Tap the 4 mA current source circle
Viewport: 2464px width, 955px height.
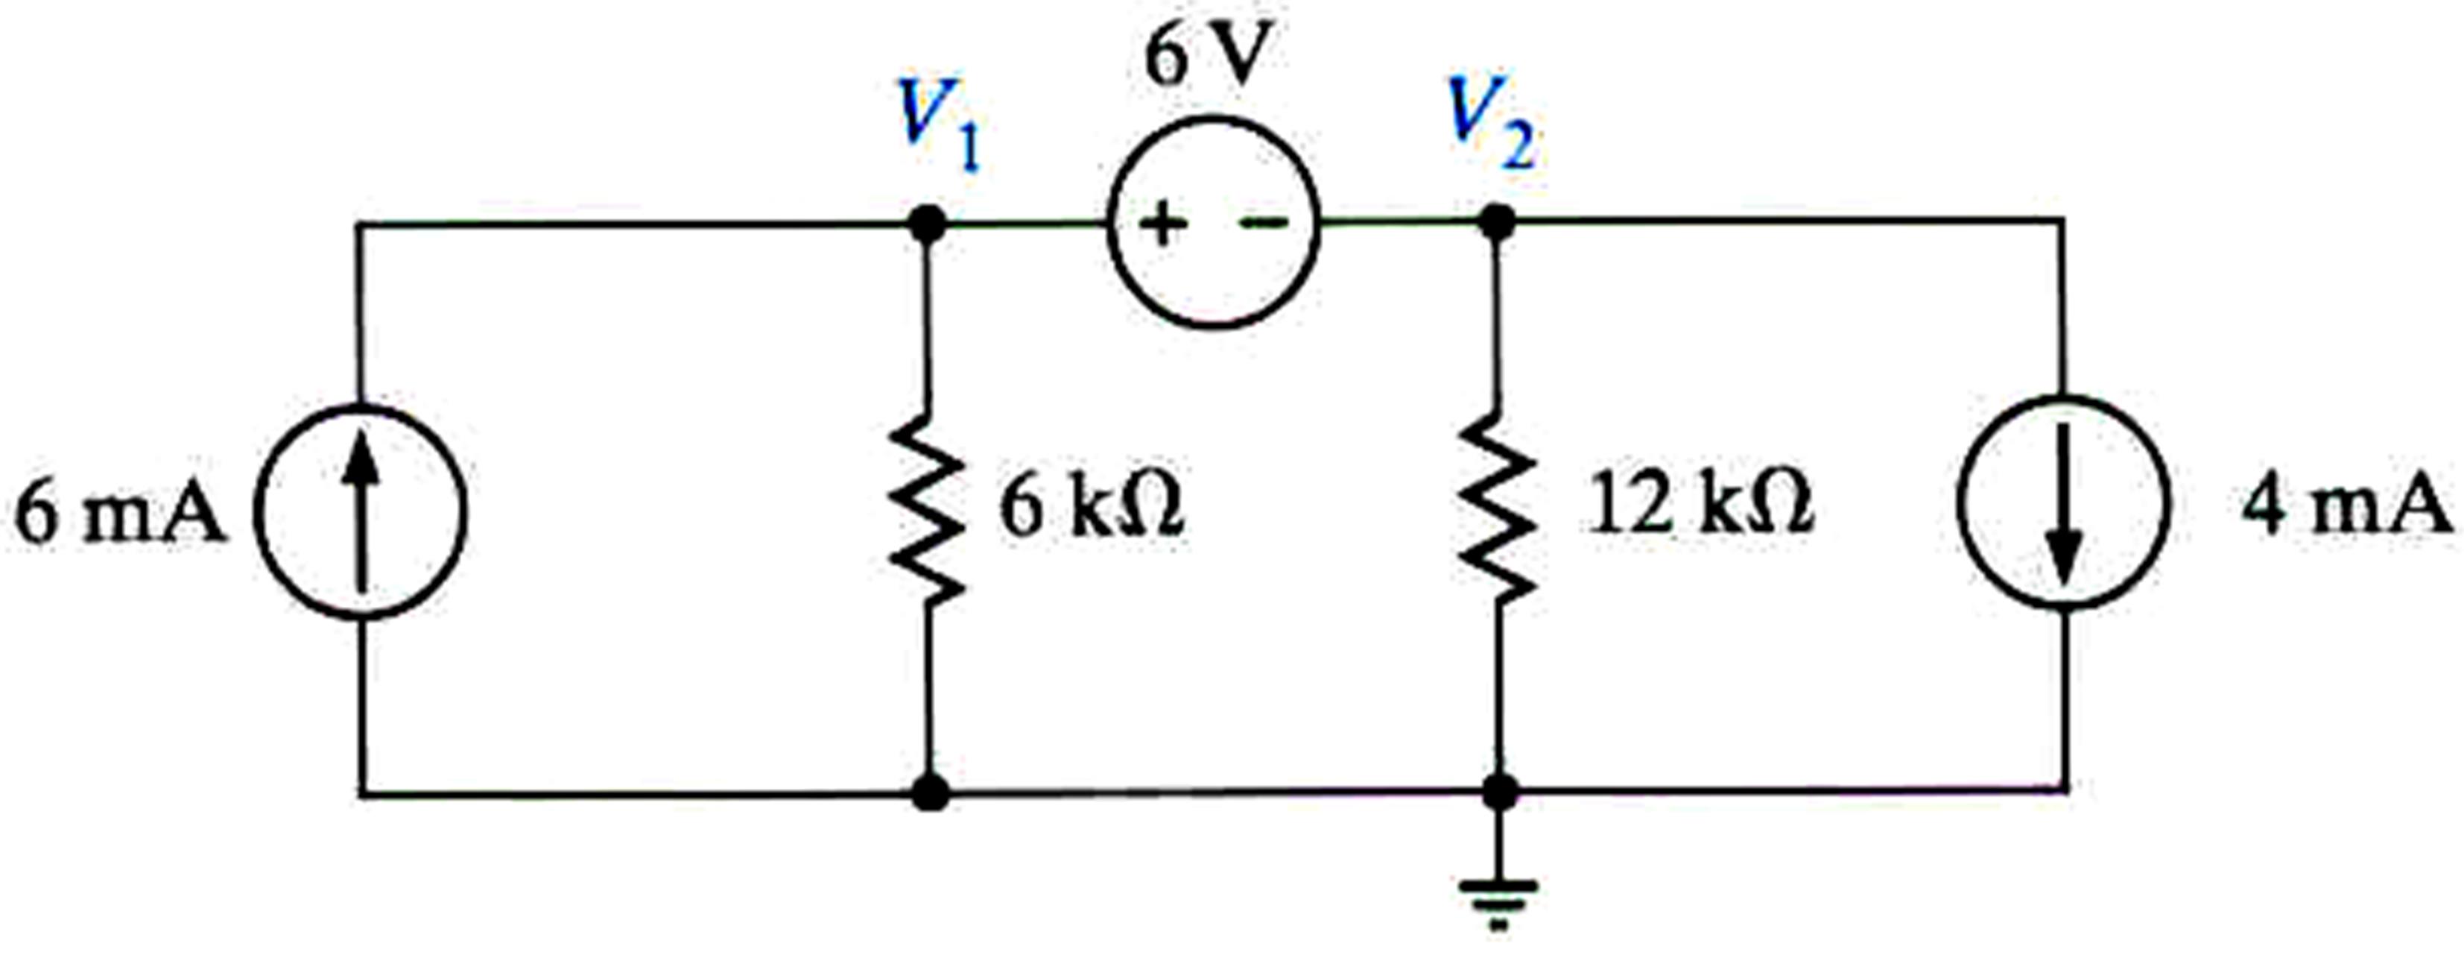click(2063, 502)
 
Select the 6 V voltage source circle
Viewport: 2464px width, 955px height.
click(1214, 223)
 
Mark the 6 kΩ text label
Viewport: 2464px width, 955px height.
click(1092, 507)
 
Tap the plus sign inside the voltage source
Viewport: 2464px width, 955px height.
click(1162, 226)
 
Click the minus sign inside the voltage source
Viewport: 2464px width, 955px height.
click(1264, 224)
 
